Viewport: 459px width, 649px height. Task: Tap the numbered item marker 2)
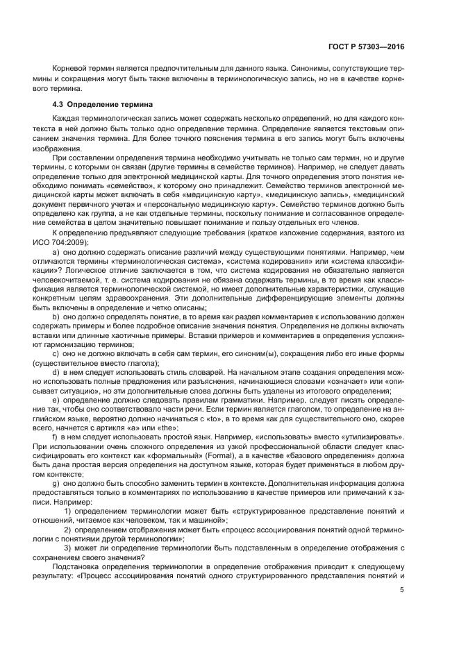(x=78, y=530)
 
